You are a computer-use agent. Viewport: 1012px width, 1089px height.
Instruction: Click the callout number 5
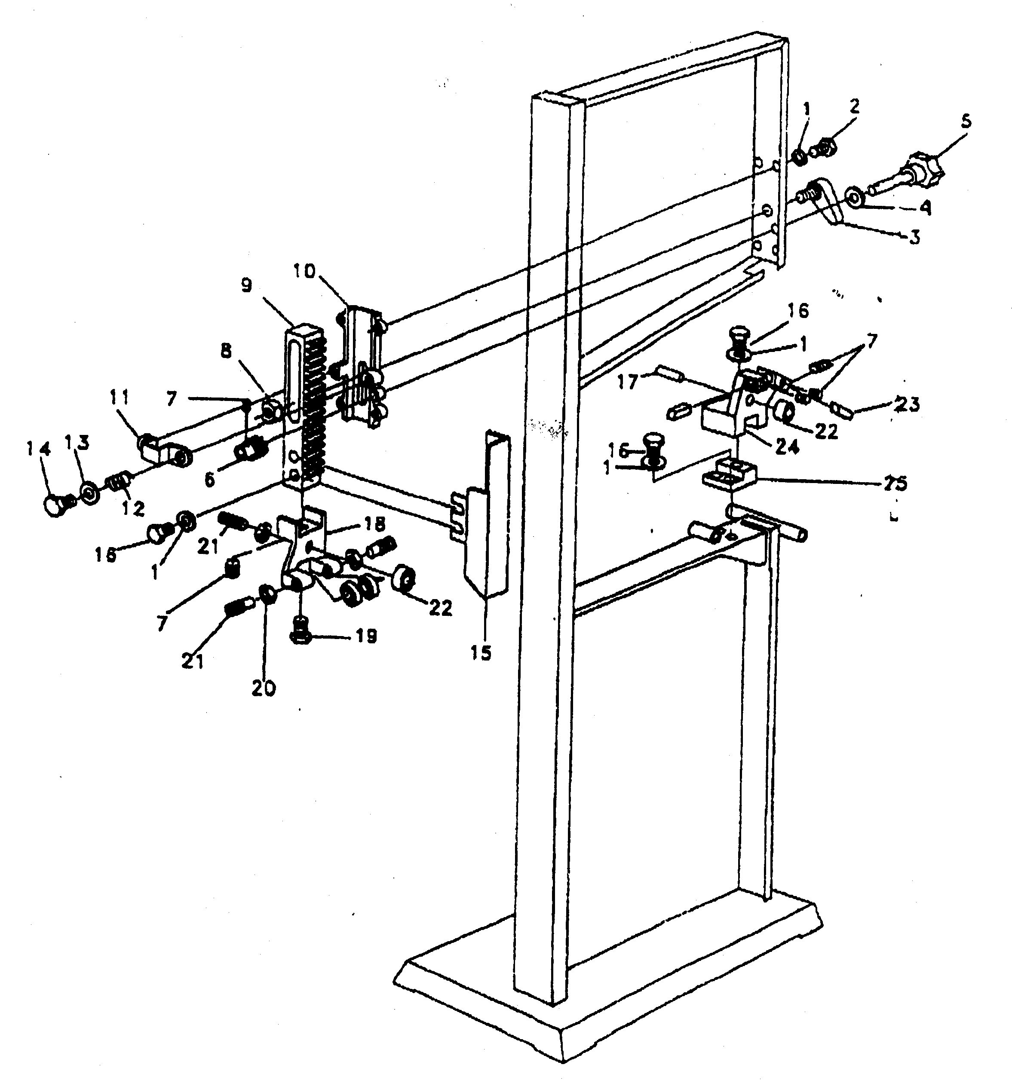(x=966, y=122)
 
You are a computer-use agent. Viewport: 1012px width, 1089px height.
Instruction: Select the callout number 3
(x=914, y=237)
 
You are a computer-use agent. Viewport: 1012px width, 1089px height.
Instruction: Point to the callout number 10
(x=304, y=271)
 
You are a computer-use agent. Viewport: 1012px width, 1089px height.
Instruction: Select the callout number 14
(x=39, y=449)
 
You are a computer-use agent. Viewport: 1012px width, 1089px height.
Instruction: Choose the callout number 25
(x=895, y=483)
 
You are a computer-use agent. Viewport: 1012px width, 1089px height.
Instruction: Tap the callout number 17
(x=628, y=382)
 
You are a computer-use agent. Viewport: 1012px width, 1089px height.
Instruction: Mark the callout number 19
(x=366, y=636)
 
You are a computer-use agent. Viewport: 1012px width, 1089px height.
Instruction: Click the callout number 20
(x=264, y=688)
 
